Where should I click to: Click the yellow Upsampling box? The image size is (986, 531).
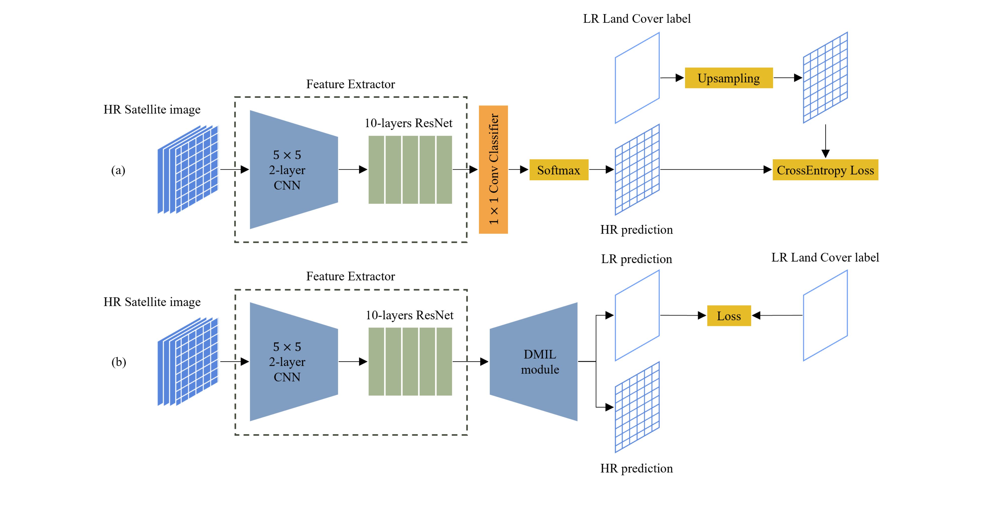728,78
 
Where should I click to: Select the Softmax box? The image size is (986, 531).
559,170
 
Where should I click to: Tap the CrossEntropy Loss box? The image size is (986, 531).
825,170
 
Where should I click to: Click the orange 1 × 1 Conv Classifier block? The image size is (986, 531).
493,169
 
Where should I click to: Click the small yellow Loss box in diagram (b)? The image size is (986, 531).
728,316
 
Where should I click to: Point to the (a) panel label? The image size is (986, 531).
118,170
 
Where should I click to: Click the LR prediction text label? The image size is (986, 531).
636,259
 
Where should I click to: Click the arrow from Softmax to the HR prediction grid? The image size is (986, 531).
601,169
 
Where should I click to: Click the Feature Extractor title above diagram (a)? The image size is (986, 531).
350,84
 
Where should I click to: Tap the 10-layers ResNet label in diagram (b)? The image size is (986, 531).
409,315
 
